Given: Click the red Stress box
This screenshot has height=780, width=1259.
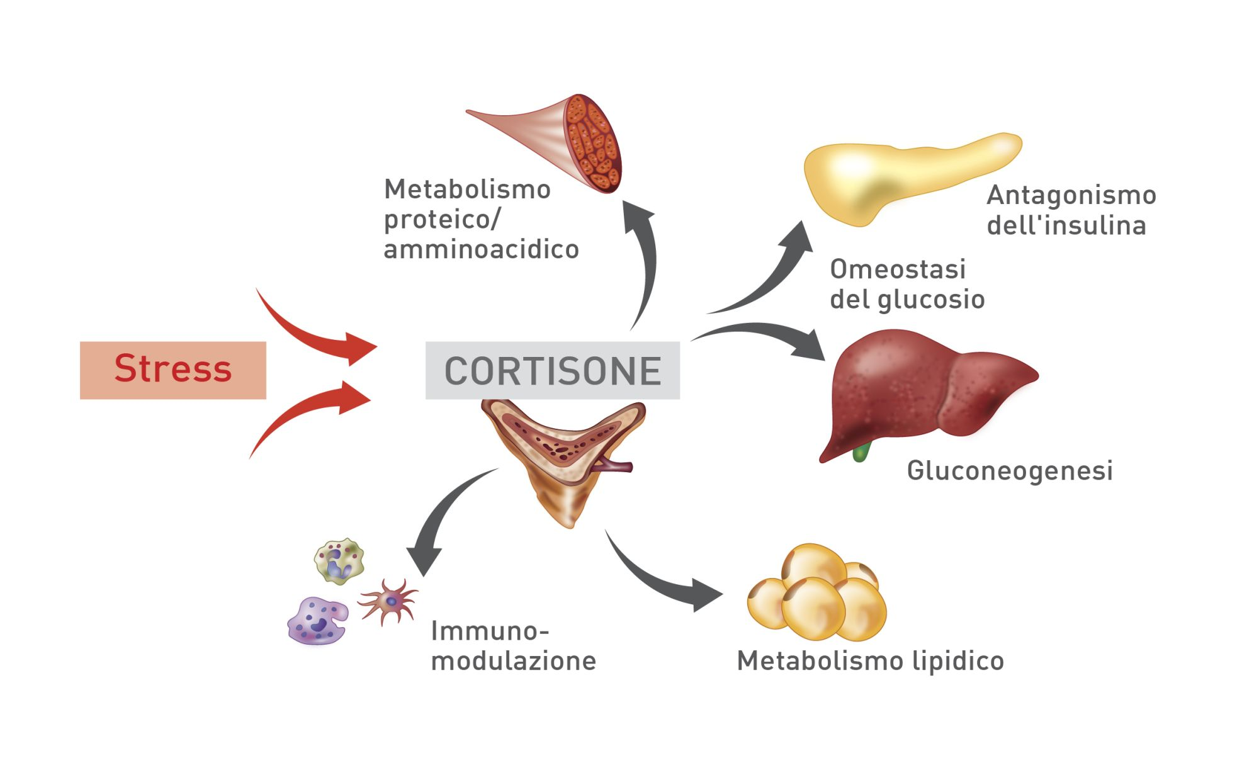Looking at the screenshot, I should [172, 370].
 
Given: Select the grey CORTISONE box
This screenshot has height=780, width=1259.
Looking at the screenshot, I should [552, 370].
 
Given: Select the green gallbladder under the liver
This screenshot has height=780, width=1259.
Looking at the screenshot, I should [861, 452].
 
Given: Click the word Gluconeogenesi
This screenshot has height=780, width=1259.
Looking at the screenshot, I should [1009, 471].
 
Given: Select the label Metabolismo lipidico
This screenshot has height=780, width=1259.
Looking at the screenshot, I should [870, 661].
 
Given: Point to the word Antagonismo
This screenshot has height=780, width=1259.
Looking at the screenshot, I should [1071, 195].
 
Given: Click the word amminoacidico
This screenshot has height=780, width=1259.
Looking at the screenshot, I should [481, 249].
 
